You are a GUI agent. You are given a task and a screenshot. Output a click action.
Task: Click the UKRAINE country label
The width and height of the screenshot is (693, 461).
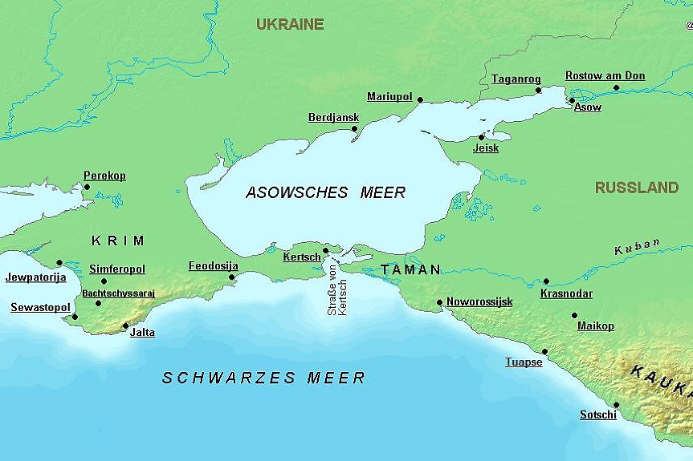click(x=290, y=24)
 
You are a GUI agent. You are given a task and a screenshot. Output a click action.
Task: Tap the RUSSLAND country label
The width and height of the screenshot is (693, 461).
click(x=636, y=188)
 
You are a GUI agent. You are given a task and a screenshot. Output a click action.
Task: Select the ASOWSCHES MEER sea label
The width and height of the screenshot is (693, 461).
click(x=325, y=192)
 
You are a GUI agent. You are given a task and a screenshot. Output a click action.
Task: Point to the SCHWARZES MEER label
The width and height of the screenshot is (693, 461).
click(x=263, y=378)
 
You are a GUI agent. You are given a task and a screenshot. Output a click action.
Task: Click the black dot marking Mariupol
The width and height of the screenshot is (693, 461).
click(x=420, y=100)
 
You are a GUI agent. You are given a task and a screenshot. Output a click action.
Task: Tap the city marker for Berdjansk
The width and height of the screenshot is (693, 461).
click(x=355, y=128)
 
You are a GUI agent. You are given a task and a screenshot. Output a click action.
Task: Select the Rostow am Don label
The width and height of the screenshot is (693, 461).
click(x=605, y=76)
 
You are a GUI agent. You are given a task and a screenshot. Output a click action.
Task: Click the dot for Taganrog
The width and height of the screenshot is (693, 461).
click(x=539, y=90)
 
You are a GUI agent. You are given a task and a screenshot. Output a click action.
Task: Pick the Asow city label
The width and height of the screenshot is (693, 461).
click(x=587, y=107)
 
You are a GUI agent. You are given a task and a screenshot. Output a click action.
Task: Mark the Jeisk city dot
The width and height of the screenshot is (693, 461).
click(x=482, y=136)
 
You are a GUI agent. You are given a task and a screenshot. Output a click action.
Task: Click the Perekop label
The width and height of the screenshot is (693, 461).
click(x=104, y=176)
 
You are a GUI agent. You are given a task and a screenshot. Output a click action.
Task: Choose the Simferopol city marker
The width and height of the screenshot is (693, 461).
click(x=104, y=281)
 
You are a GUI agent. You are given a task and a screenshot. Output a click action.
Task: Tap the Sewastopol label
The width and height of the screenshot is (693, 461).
click(x=40, y=307)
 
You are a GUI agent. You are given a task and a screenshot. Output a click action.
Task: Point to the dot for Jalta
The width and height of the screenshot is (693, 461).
click(x=125, y=326)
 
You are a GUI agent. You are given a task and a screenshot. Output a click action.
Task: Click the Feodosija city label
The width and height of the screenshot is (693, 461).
click(x=213, y=265)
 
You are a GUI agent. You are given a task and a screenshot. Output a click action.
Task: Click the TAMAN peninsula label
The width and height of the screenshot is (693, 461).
click(x=410, y=270)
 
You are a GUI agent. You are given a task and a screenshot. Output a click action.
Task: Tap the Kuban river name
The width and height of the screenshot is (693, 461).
click(x=637, y=246)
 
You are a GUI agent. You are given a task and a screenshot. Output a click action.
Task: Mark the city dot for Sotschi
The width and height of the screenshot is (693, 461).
click(x=616, y=405)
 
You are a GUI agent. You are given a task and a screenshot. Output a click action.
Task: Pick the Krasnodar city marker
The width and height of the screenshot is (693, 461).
click(x=546, y=281)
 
